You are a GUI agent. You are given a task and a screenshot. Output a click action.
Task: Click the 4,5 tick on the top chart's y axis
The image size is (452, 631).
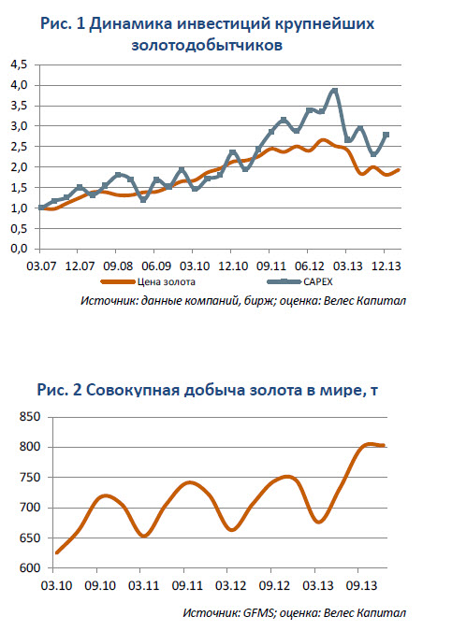coord(20,65)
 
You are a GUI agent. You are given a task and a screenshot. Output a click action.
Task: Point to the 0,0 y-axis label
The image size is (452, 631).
coord(20,249)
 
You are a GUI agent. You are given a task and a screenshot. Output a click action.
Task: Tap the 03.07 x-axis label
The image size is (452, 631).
coord(40,266)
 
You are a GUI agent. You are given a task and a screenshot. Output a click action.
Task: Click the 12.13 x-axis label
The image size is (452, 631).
coord(386,266)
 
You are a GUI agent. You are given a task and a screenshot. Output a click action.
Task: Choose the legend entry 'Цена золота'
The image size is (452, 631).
coord(148,281)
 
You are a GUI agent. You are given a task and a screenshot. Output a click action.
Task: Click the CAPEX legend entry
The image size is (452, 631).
coord(299,281)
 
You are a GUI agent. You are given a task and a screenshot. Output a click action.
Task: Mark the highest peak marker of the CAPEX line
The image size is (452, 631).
coord(334,91)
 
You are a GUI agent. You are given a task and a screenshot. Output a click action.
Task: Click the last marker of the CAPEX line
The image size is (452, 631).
coord(386,135)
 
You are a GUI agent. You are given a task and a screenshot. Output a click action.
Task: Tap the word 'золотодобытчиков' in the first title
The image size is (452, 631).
coord(207,45)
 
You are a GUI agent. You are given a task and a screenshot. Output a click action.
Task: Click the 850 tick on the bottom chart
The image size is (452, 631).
coord(30,417)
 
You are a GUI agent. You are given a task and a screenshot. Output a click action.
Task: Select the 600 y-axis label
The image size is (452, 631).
coord(30,567)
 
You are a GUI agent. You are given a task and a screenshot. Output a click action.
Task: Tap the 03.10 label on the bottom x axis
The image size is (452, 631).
coord(56,585)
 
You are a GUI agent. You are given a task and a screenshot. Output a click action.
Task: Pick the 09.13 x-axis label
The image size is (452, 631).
coord(361,585)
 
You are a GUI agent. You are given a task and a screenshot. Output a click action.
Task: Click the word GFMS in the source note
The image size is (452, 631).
coord(259,613)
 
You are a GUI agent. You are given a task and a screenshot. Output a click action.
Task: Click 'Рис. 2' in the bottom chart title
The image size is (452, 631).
coord(60,390)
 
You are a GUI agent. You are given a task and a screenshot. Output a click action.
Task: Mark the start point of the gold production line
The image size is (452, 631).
coord(57,552)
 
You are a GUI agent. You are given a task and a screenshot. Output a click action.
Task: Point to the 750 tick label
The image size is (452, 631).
coord(30,478)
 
